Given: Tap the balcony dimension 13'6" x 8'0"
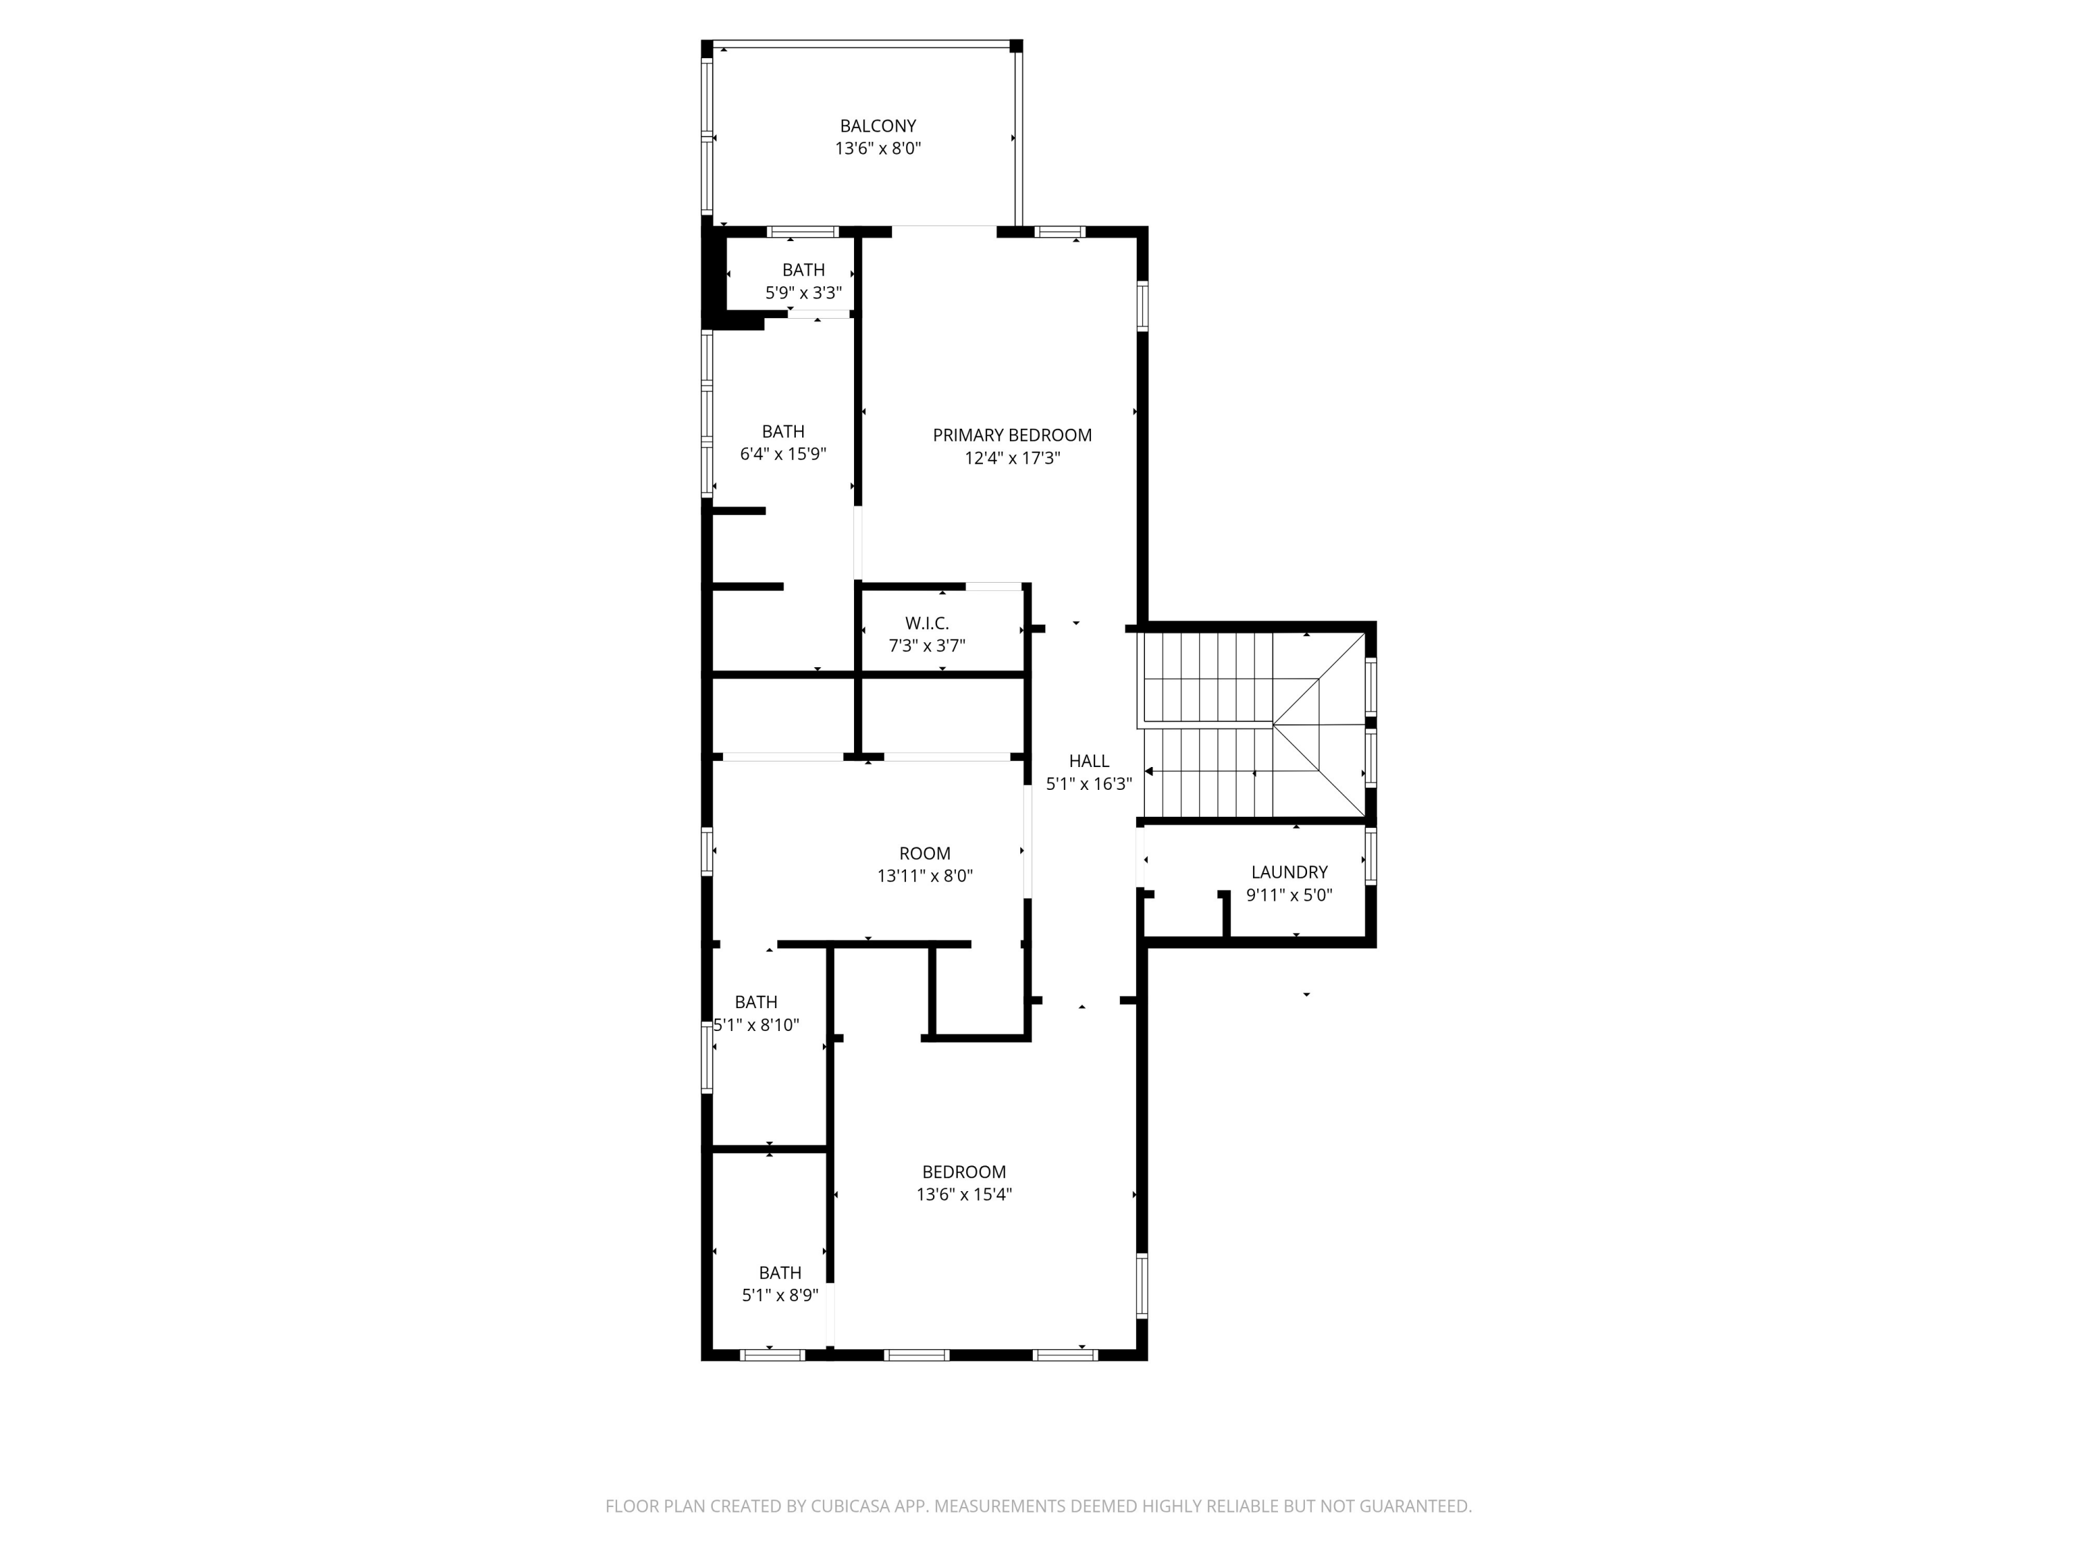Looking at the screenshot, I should pyautogui.click(x=878, y=148).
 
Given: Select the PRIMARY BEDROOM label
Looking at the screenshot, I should pyautogui.click(x=1012, y=435).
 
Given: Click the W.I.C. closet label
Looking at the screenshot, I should pyautogui.click(x=926, y=623).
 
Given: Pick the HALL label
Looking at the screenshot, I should pyautogui.click(x=1089, y=761).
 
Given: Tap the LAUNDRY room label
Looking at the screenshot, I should pyautogui.click(x=1289, y=872).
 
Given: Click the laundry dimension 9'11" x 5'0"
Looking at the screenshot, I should pyautogui.click(x=1289, y=895).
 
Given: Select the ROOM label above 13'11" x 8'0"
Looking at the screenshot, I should pyautogui.click(x=925, y=853).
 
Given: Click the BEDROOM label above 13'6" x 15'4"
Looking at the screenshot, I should pyautogui.click(x=964, y=1172).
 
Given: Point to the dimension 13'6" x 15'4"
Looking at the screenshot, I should pyautogui.click(x=964, y=1195).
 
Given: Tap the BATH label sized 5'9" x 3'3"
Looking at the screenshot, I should pyautogui.click(x=803, y=270).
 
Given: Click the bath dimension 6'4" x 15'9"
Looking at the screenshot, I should pyautogui.click(x=783, y=455).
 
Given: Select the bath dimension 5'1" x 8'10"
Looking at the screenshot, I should pyautogui.click(x=756, y=1025).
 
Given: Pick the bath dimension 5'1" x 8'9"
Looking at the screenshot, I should pyautogui.click(x=780, y=1295).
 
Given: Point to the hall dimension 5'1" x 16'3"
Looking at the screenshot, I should pyautogui.click(x=1089, y=784).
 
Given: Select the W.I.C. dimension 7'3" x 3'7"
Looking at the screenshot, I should pyautogui.click(x=926, y=646).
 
